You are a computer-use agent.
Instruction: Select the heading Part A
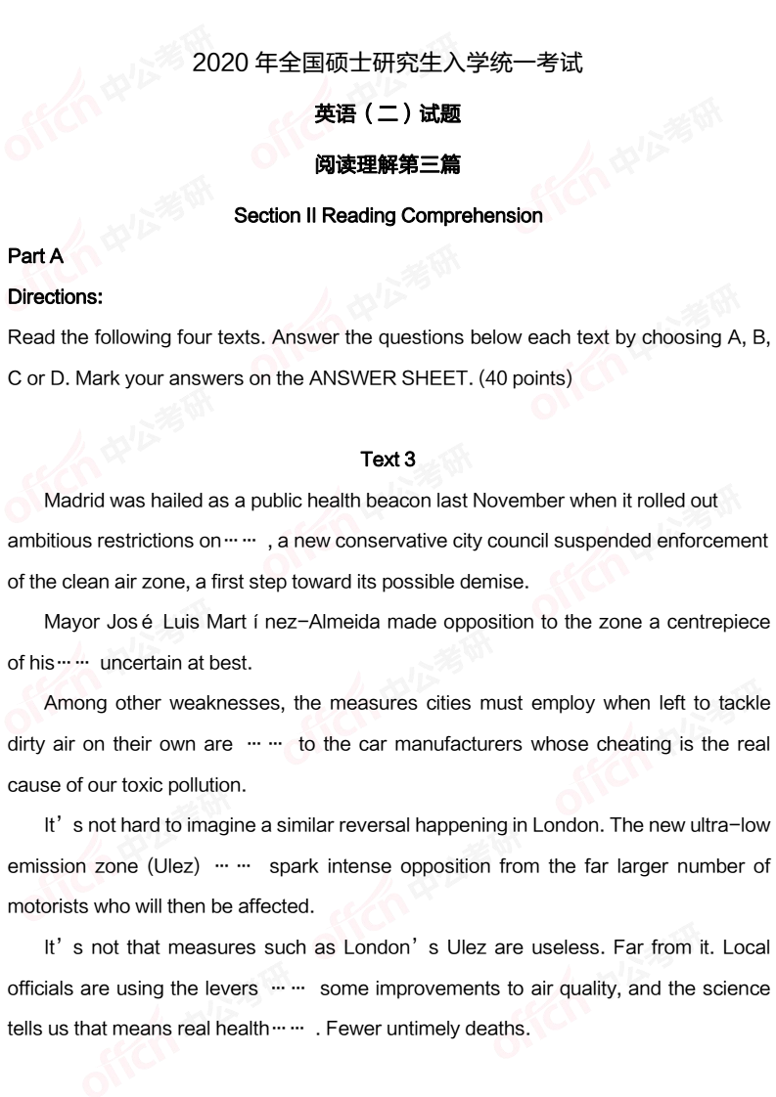tap(35, 256)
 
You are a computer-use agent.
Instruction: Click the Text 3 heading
tap(388, 459)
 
